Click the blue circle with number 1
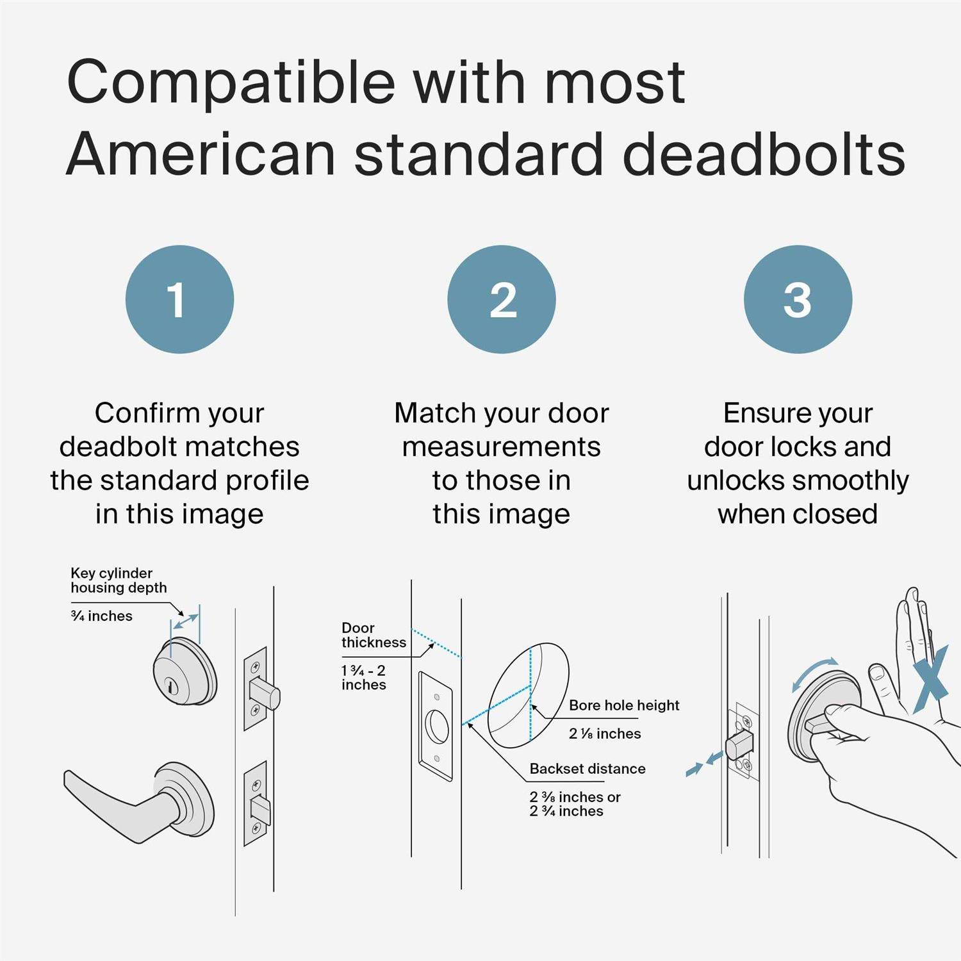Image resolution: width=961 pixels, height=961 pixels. pyautogui.click(x=179, y=299)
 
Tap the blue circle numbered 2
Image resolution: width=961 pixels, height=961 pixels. pyautogui.click(x=501, y=299)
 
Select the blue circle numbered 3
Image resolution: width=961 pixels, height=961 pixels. pyautogui.click(x=798, y=299)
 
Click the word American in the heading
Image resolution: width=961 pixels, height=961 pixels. pyautogui.click(x=201, y=154)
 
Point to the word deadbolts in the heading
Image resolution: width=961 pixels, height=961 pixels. pyautogui.click(x=764, y=154)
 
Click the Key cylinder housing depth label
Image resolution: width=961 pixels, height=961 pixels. pyautogui.click(x=119, y=580)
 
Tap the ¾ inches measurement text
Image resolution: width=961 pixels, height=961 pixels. pyautogui.click(x=102, y=616)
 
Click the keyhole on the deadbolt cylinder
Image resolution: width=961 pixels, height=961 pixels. pyautogui.click(x=170, y=685)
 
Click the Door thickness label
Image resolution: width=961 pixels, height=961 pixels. pyautogui.click(x=374, y=635)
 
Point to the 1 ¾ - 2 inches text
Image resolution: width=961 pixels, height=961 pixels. pyautogui.click(x=364, y=677)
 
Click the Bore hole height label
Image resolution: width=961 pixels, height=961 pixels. pyautogui.click(x=623, y=705)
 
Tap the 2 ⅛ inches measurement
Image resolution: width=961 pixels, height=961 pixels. pyautogui.click(x=605, y=734)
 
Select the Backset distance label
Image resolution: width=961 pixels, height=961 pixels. pyautogui.click(x=587, y=769)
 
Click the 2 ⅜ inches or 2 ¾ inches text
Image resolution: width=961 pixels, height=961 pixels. pyautogui.click(x=575, y=804)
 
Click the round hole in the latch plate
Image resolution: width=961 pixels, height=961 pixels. pyautogui.click(x=437, y=726)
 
